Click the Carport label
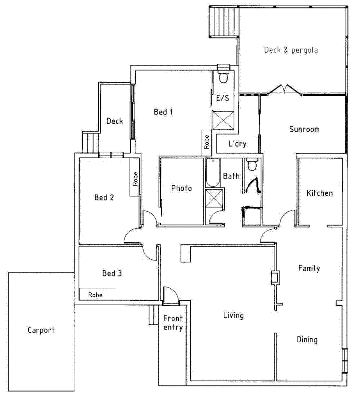pyautogui.click(x=41, y=330)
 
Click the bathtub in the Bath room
pyautogui.click(x=213, y=173)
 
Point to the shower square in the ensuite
pyautogui.click(x=222, y=120)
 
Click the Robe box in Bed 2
pyautogui.click(x=135, y=178)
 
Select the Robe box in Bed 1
pyautogui.click(x=206, y=142)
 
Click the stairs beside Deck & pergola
pyautogui.click(x=224, y=21)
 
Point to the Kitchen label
pyautogui.click(x=319, y=193)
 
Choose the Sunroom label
pyautogui.click(x=304, y=129)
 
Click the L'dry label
pyautogui.click(x=237, y=144)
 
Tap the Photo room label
pyautogui.click(x=181, y=188)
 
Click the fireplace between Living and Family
pyautogui.click(x=275, y=277)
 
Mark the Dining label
pyautogui.click(x=307, y=340)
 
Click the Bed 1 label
pyautogui.click(x=163, y=112)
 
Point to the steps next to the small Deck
pyautogui.click(x=89, y=143)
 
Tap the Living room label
pyautogui.click(x=233, y=315)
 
